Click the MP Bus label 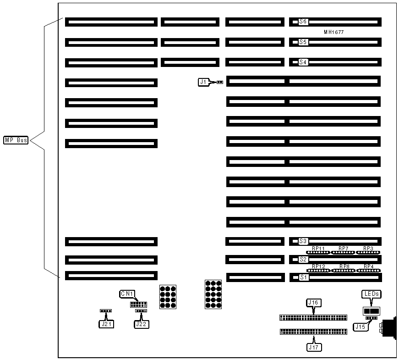16,140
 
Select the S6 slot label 303,22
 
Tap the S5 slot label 303,42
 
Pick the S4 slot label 303,62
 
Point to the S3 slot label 303,241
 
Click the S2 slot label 303,260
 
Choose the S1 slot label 303,277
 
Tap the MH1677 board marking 333,32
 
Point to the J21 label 106,324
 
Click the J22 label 141,324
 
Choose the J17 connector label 313,347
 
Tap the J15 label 360,327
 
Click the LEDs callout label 372,294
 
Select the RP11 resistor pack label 318,249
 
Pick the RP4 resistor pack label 369,266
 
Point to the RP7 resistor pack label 344,249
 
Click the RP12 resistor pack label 318,266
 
